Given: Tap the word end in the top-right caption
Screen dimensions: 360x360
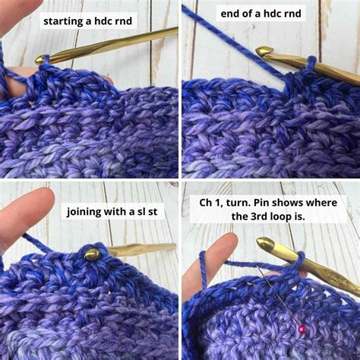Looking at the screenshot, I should pyautogui.click(x=229, y=14).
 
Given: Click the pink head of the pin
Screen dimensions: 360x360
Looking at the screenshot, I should pyautogui.click(x=302, y=329).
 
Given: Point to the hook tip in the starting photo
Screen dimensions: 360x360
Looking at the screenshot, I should pyautogui.click(x=40, y=58).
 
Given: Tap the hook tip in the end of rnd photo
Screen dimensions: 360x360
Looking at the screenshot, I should pyautogui.click(x=264, y=52).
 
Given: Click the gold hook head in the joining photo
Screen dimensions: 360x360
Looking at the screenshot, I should pyautogui.click(x=91, y=254).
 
